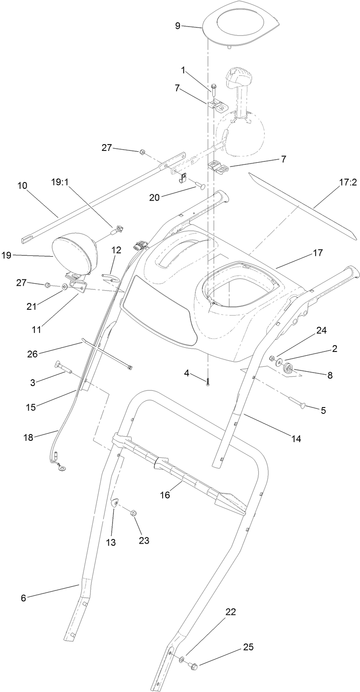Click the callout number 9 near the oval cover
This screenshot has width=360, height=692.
(177, 26)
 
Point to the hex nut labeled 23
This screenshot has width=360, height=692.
(132, 514)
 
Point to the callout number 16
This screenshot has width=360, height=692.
(165, 495)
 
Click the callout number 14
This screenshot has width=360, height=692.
(296, 439)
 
